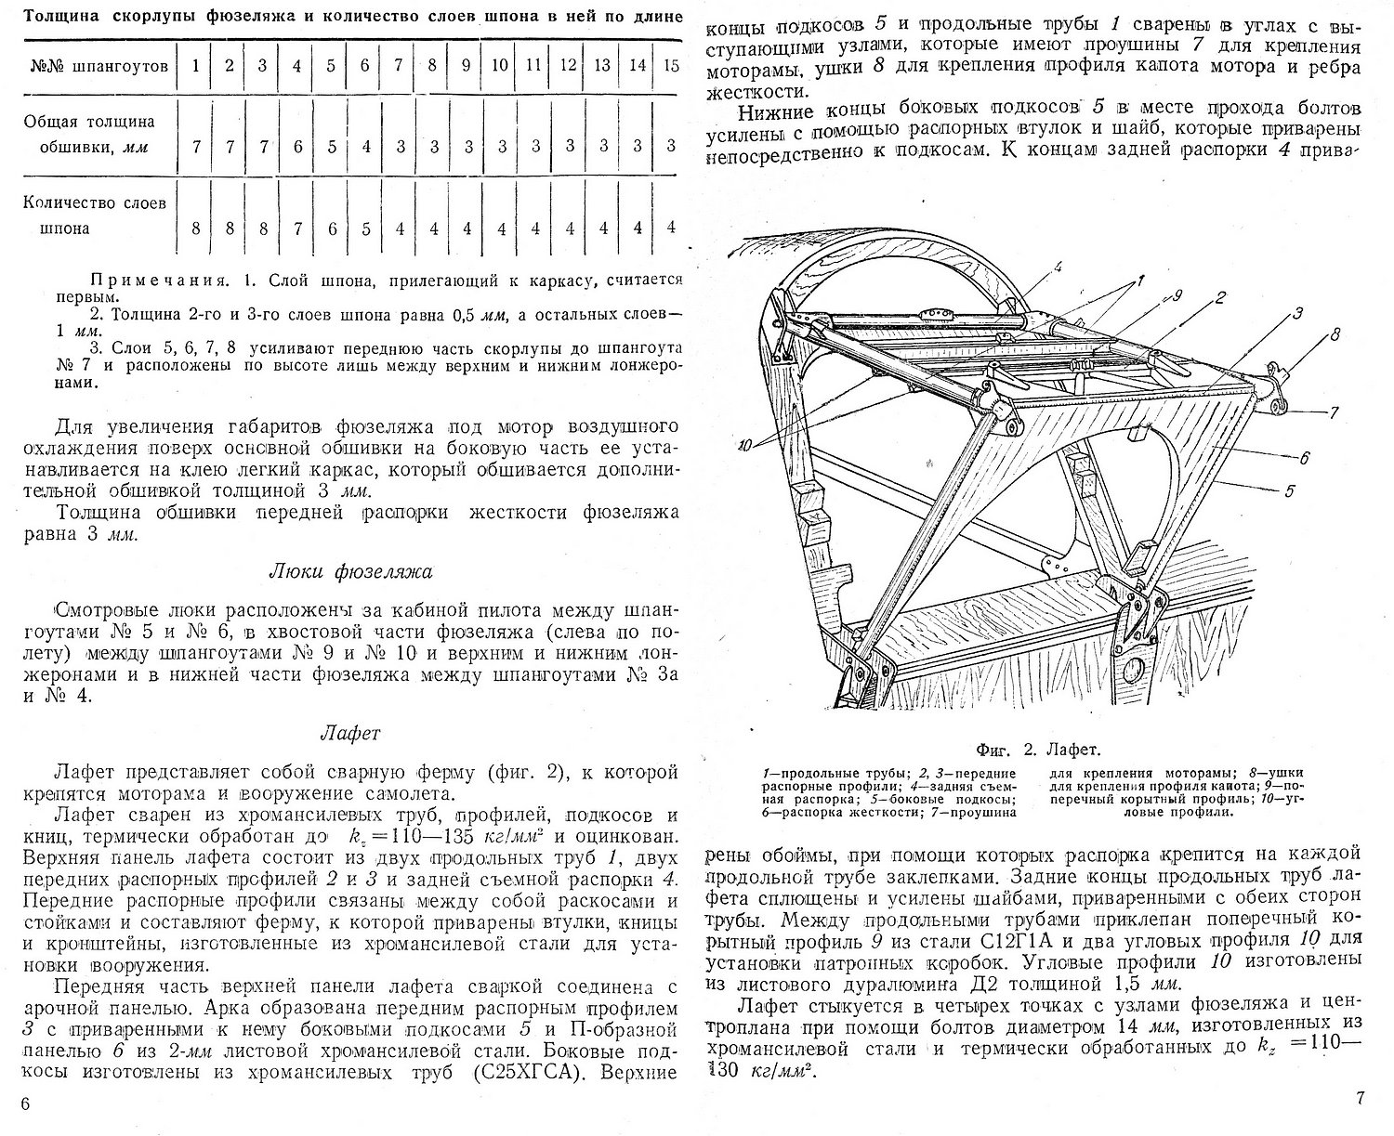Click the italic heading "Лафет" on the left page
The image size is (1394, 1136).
(x=351, y=733)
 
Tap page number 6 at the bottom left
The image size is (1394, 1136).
(x=25, y=1103)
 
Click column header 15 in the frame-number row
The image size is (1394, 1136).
(x=672, y=65)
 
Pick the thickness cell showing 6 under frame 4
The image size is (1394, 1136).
(x=297, y=146)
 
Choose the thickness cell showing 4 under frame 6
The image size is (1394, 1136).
(x=365, y=146)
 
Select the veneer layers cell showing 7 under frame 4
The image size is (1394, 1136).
(x=297, y=228)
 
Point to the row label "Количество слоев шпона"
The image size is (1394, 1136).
(x=96, y=215)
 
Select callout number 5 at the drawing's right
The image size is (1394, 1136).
(x=1288, y=491)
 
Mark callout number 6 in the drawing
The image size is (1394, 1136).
(x=1304, y=457)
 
